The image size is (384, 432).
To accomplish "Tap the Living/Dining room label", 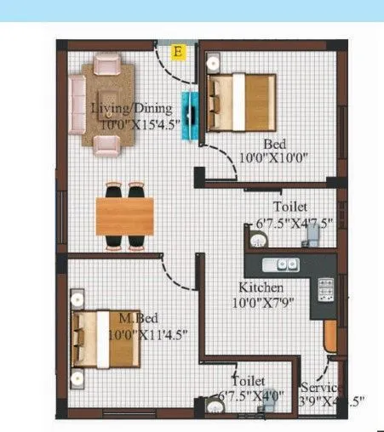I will tap(132, 108).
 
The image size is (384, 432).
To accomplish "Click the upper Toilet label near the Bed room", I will tap(290, 207).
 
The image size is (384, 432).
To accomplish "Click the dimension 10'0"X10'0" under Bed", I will tap(272, 156).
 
